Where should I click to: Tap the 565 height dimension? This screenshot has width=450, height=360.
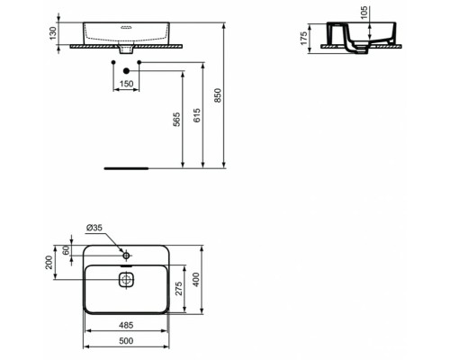(176, 118)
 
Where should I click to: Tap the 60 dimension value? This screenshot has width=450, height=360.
(67, 252)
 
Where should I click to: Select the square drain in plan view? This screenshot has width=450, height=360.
(125, 279)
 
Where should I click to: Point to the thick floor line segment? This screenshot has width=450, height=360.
(125, 167)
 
